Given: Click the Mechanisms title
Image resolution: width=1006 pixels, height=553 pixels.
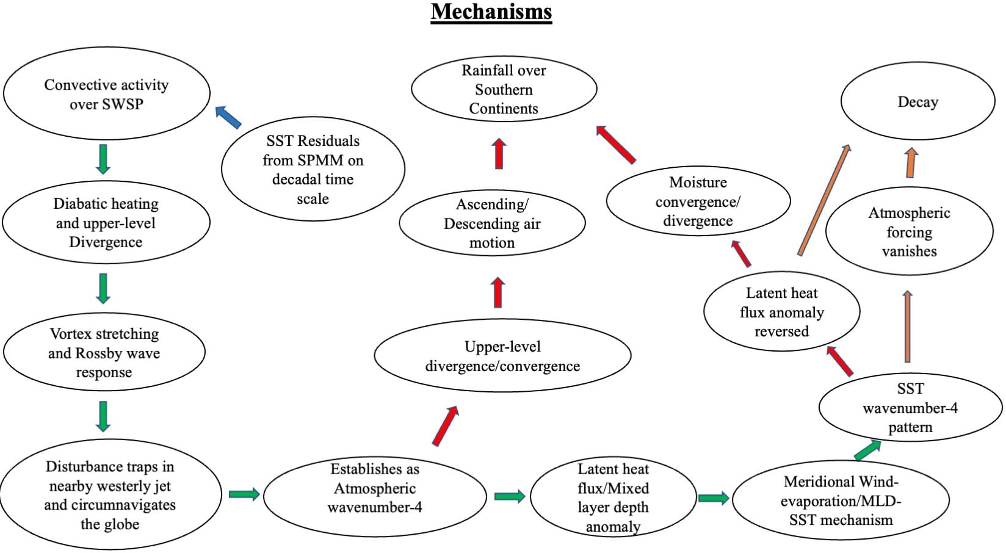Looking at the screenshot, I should click(x=491, y=12).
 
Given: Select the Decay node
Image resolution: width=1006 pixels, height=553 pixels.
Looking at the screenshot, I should click(x=917, y=102).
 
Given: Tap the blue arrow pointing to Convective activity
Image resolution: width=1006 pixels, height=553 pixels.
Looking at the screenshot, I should click(x=228, y=117).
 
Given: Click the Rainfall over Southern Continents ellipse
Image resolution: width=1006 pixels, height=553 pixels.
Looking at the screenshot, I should click(x=504, y=89).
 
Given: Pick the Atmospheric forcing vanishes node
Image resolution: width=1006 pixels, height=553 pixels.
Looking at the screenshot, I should click(x=909, y=232).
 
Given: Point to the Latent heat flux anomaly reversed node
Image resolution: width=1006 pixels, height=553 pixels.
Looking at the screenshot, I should click(x=781, y=312).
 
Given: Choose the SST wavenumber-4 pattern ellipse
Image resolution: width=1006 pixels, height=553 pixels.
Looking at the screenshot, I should click(x=910, y=408).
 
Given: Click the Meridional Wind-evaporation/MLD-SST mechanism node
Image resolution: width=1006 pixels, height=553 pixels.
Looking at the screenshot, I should click(x=841, y=501).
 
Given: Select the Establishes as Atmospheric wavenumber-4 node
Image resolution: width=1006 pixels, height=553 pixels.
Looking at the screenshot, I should click(x=375, y=488).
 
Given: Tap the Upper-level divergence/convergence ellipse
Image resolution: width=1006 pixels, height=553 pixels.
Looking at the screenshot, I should click(x=502, y=356).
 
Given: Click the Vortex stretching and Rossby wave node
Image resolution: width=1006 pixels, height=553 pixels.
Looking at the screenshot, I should click(x=104, y=353).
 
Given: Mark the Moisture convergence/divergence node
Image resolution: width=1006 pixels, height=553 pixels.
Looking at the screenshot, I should click(x=698, y=201).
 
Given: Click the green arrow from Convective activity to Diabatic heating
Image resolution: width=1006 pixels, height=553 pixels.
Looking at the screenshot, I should click(x=103, y=159).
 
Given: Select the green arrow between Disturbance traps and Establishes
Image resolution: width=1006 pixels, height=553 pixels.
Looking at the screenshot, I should click(x=244, y=494).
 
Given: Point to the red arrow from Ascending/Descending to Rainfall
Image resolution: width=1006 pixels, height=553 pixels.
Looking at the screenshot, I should click(x=499, y=153).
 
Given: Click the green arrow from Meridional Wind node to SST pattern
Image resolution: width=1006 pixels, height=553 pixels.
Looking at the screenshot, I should click(x=867, y=450).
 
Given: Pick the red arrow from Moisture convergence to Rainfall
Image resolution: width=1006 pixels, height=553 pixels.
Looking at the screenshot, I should click(x=615, y=144).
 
